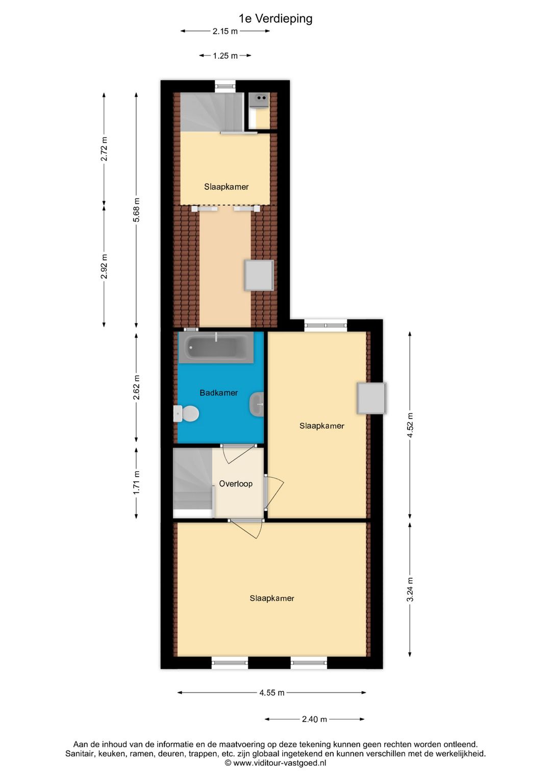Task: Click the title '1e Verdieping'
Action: pyautogui.click(x=275, y=19)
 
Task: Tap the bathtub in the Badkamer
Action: pyautogui.click(x=216, y=347)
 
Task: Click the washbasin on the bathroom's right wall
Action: pyautogui.click(x=257, y=404)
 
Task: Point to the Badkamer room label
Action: pyautogui.click(x=218, y=393)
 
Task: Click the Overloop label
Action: pyautogui.click(x=236, y=484)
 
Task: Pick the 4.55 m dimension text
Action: pyautogui.click(x=271, y=692)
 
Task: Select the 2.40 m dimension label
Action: pyautogui.click(x=314, y=719)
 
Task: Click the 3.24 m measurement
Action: pyautogui.click(x=410, y=589)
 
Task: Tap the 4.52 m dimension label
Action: pyautogui.click(x=410, y=425)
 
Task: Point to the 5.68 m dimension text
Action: pyautogui.click(x=137, y=210)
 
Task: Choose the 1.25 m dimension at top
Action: pyautogui.click(x=225, y=56)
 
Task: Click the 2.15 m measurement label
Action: pyautogui.click(x=225, y=31)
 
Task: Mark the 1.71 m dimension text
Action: pyautogui.click(x=137, y=482)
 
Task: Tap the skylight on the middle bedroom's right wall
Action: pyautogui.click(x=371, y=398)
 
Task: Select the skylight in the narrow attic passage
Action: pyautogui.click(x=259, y=275)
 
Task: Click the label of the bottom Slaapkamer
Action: pyautogui.click(x=272, y=598)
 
